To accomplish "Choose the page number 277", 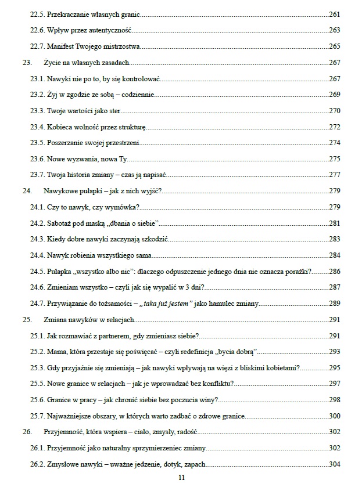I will (x=335, y=174).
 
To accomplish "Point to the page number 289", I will (x=335, y=303).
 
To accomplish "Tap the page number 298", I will (x=335, y=399).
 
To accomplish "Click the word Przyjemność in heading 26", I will (x=64, y=432).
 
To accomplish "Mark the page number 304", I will (x=335, y=464).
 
